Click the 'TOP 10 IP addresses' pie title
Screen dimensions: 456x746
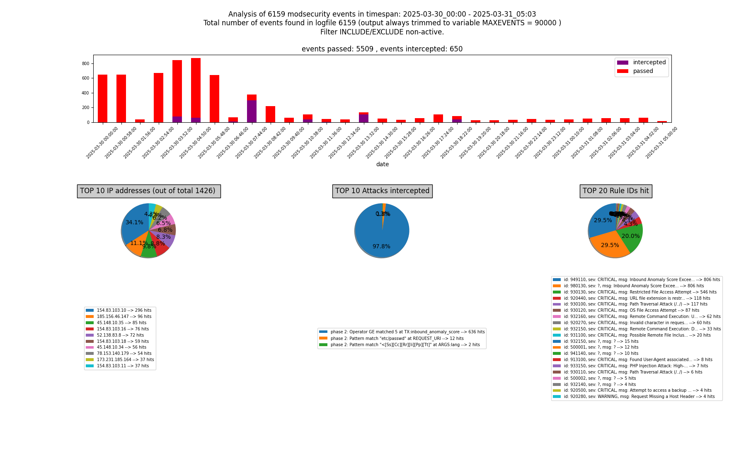pos(148,191)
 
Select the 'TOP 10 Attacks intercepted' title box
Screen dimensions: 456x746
pos(382,191)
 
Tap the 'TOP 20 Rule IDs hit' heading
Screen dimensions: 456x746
pos(615,191)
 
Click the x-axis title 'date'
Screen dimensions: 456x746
pos(382,165)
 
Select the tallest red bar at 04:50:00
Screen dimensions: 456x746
pos(196,87)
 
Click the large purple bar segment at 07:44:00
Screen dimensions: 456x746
pos(252,111)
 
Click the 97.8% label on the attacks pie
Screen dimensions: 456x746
pos(381,247)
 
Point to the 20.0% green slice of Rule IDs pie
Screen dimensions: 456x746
pos(630,236)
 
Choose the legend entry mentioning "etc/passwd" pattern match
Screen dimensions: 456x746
pos(397,339)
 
